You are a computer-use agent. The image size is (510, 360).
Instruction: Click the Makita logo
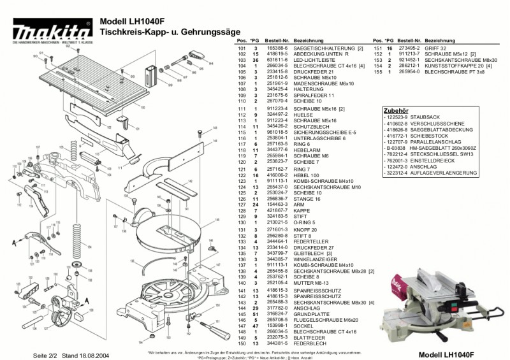pos(48,31)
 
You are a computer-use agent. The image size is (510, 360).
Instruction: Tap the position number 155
pos(377,72)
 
